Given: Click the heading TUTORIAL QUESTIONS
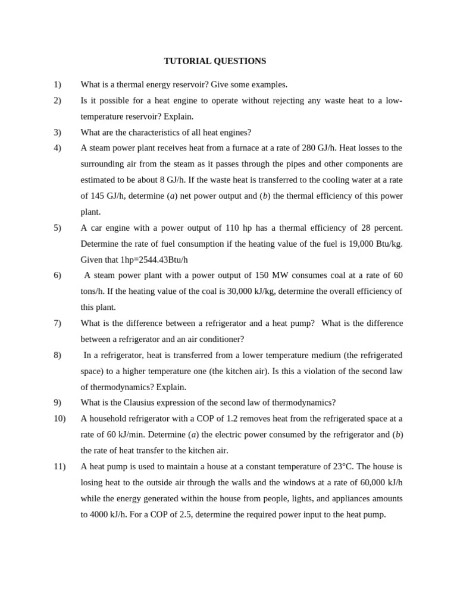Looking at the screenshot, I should pos(215,61).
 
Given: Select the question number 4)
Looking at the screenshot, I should pos(57,148).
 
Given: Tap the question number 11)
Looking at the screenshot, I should pos(60,467).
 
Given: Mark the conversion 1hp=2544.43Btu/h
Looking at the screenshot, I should pos(154,260).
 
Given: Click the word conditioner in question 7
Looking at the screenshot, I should pos(221,339).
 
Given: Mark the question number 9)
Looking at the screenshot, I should pos(57,403).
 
